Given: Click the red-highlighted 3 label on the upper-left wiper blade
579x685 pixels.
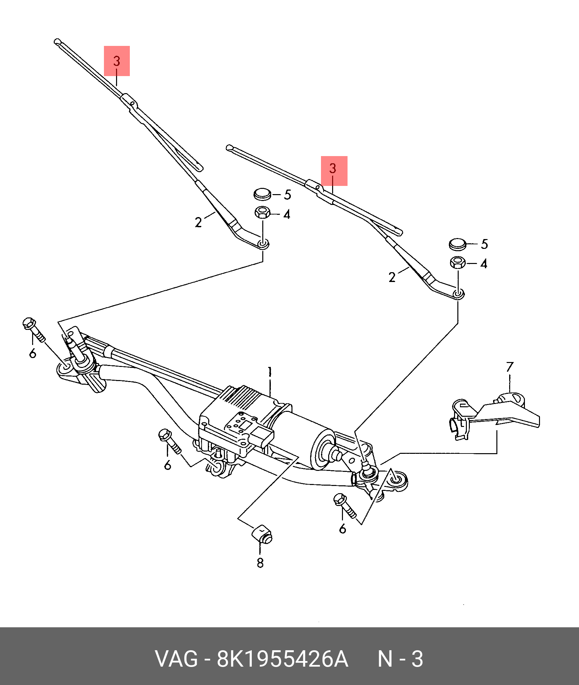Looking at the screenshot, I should click(x=117, y=61).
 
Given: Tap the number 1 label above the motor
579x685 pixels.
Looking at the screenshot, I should click(x=270, y=372).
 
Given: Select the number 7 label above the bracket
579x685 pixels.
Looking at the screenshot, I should click(x=509, y=367).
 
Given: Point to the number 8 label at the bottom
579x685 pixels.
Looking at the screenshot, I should click(x=260, y=563).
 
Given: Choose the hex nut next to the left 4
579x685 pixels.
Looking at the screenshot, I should click(x=262, y=212).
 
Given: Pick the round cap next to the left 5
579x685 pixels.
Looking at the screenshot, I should click(x=262, y=194).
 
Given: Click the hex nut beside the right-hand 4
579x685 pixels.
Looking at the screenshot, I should click(x=457, y=262).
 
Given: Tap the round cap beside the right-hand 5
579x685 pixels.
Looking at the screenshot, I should click(x=457, y=244).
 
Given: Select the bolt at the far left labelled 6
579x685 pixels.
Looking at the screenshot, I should click(x=34, y=330).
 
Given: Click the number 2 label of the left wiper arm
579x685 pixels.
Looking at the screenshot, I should click(x=198, y=223).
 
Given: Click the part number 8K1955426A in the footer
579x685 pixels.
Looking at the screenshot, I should click(x=282, y=659).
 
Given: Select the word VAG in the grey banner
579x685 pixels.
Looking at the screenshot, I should click(x=177, y=659).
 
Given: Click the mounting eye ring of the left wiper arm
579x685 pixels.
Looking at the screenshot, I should click(x=263, y=244).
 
